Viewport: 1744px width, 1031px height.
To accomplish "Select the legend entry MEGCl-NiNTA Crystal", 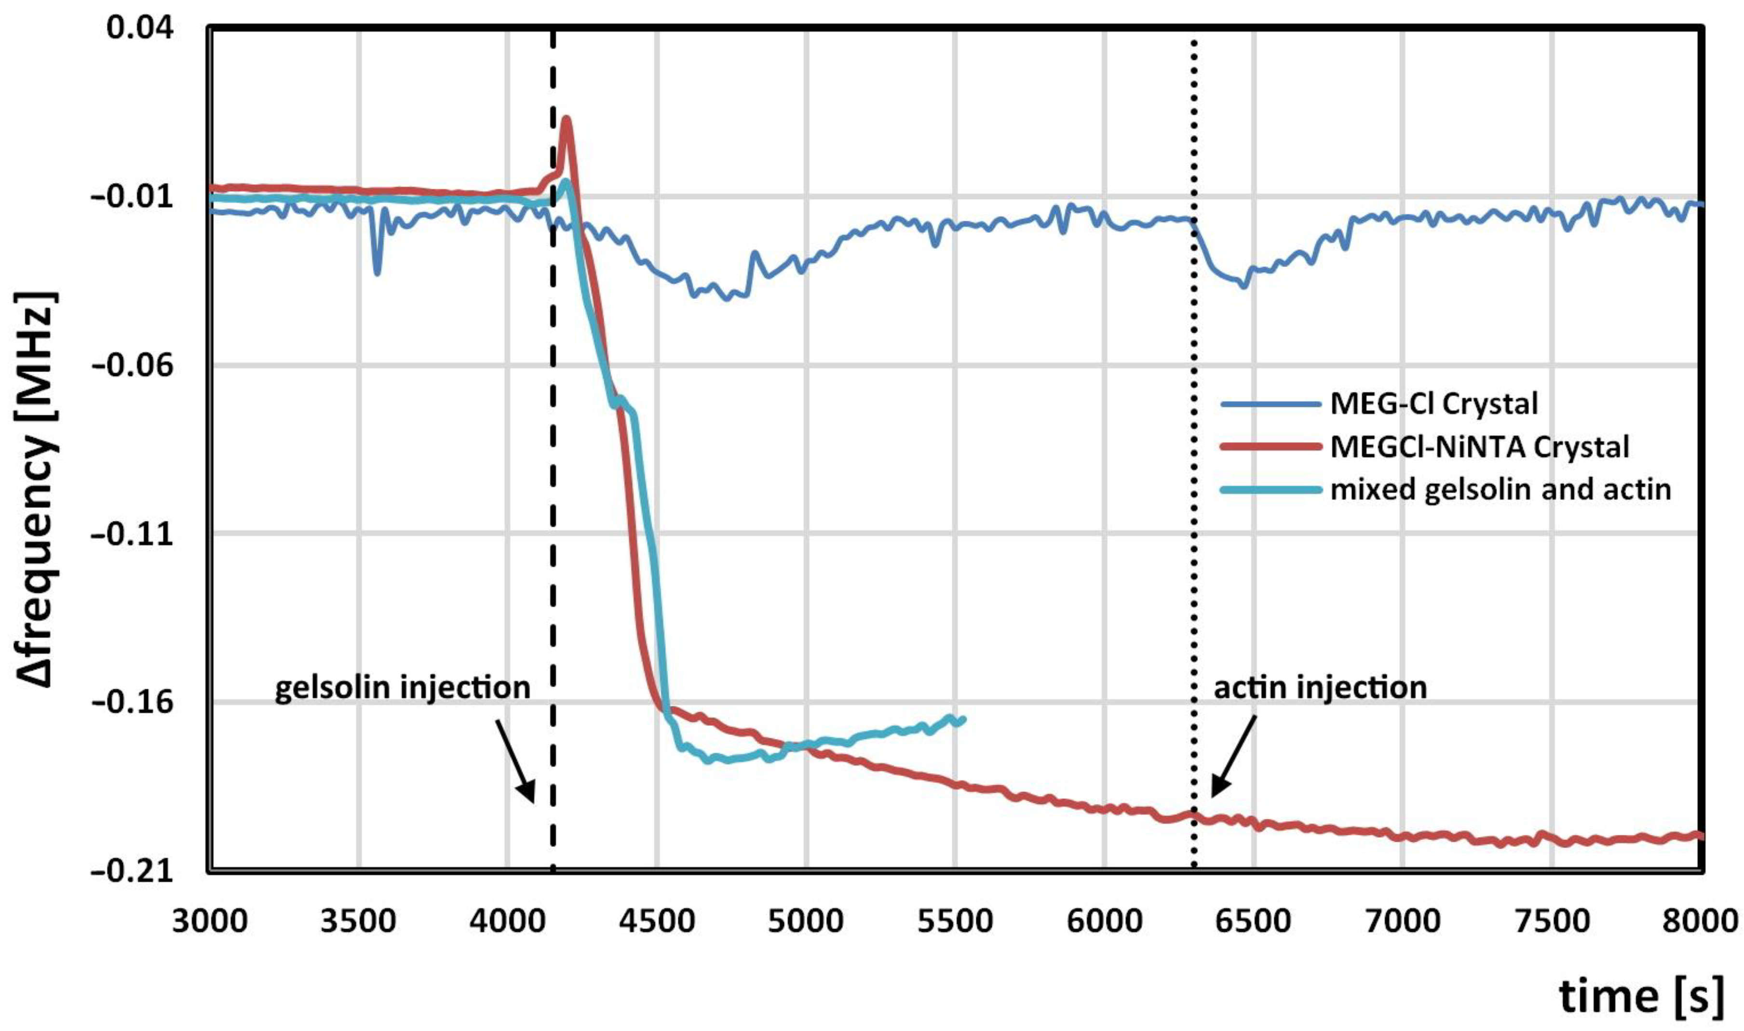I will [1479, 447].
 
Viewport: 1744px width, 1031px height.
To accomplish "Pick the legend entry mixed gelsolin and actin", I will [1500, 490].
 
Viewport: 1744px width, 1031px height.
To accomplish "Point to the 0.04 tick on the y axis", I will [140, 28].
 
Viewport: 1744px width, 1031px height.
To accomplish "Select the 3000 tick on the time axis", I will [210, 921].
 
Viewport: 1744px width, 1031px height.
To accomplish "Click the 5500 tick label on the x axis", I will [955, 921].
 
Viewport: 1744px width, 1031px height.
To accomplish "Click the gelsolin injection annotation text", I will [402, 688].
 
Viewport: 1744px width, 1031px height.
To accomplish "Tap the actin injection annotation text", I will [1320, 688].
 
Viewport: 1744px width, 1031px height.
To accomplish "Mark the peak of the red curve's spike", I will [567, 120].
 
